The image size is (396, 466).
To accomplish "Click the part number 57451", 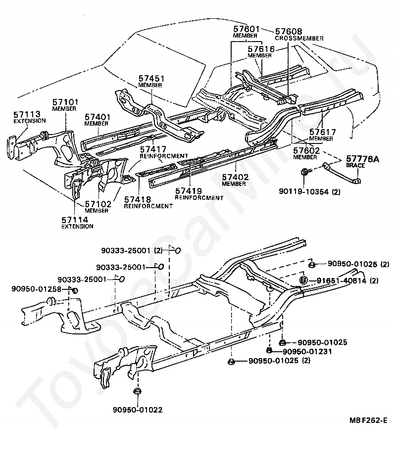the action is pos(151,79).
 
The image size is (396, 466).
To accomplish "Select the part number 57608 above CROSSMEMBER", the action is pos(289,31).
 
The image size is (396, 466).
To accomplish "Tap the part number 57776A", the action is pos(362,159).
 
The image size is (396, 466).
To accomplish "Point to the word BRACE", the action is pos(355,166).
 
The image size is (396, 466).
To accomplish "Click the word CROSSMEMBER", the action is pos(299,38).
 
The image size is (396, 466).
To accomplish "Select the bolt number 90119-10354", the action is pos(304,191).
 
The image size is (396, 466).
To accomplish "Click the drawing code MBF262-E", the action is pos(368,420).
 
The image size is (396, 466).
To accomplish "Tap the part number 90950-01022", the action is pos(138,410).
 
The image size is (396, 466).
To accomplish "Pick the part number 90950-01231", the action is pos(307,351).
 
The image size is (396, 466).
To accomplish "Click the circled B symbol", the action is pos(303,280).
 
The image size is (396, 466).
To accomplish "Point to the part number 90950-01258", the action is pos(36,288).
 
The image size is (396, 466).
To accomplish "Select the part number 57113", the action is pos(27,114).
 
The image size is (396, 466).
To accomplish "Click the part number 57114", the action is pos(75,220).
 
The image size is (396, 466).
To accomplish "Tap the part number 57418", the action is pos(138,199).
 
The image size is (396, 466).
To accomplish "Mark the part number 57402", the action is pos(235,178).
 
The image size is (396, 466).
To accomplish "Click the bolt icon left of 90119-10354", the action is pos(305,172).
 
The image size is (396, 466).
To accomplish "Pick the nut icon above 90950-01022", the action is pos(137,391).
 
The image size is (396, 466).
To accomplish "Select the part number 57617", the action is pos(323,132).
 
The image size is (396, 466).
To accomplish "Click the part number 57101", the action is pos(66,102).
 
